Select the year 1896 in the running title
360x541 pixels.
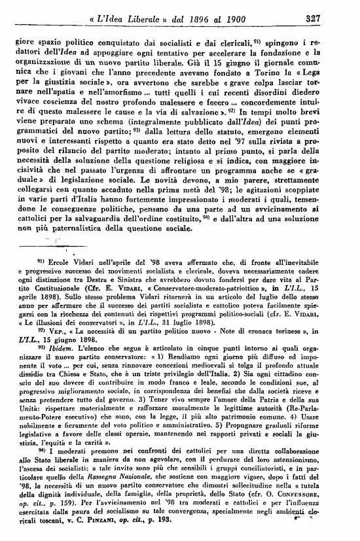[190, 19]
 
